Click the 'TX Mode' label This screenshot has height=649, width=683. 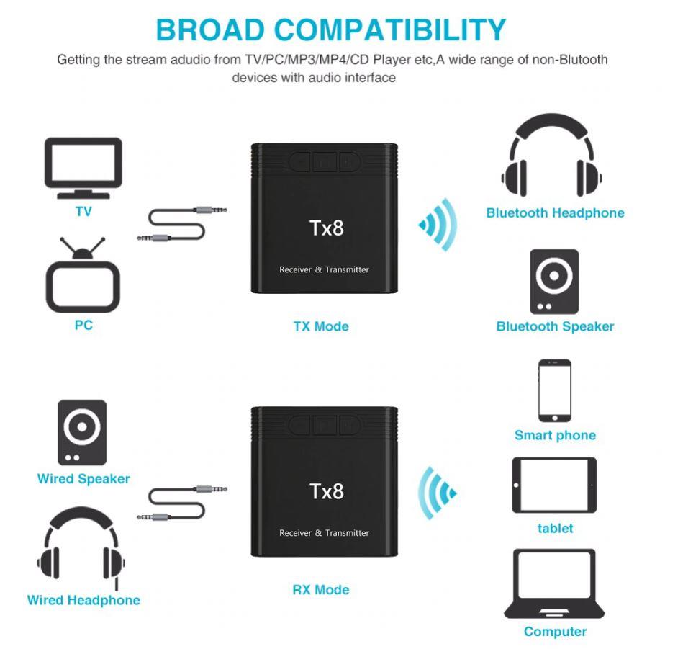click(x=321, y=326)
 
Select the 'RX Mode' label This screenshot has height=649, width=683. click(x=321, y=590)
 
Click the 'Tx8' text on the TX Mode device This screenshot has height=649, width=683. click(x=327, y=228)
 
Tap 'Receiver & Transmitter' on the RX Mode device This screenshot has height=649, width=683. click(x=324, y=532)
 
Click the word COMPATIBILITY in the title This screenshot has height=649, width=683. click(x=390, y=30)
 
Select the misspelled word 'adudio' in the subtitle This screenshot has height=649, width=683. click(x=190, y=60)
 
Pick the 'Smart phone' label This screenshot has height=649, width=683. click(x=556, y=435)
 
